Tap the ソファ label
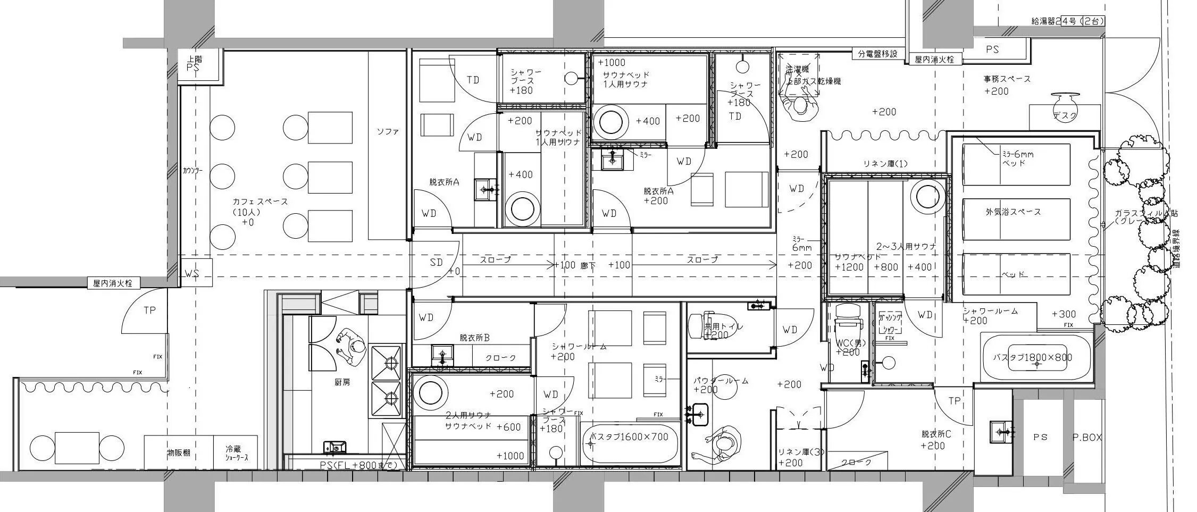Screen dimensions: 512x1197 pos(388,131)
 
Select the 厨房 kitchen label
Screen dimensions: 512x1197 pos(342,382)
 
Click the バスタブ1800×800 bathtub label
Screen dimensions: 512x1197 pos(1032,357)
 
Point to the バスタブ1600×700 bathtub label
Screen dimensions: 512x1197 pos(630,437)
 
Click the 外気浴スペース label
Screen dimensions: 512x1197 pos(1012,212)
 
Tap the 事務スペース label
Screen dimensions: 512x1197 pos(1007,79)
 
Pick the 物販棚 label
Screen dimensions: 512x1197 pos(179,453)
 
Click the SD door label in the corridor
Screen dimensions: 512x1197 pos(436,262)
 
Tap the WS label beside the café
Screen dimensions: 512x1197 pos(191,274)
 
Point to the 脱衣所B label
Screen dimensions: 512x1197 pos(474,338)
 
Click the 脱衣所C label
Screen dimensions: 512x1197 pos(936,434)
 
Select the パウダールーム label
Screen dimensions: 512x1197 pos(721,381)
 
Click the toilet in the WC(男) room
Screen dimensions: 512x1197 pos(847,324)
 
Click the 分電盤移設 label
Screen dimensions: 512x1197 pos(877,54)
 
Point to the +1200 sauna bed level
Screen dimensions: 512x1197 pos(849,267)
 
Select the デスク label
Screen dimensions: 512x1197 pos(1065,116)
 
